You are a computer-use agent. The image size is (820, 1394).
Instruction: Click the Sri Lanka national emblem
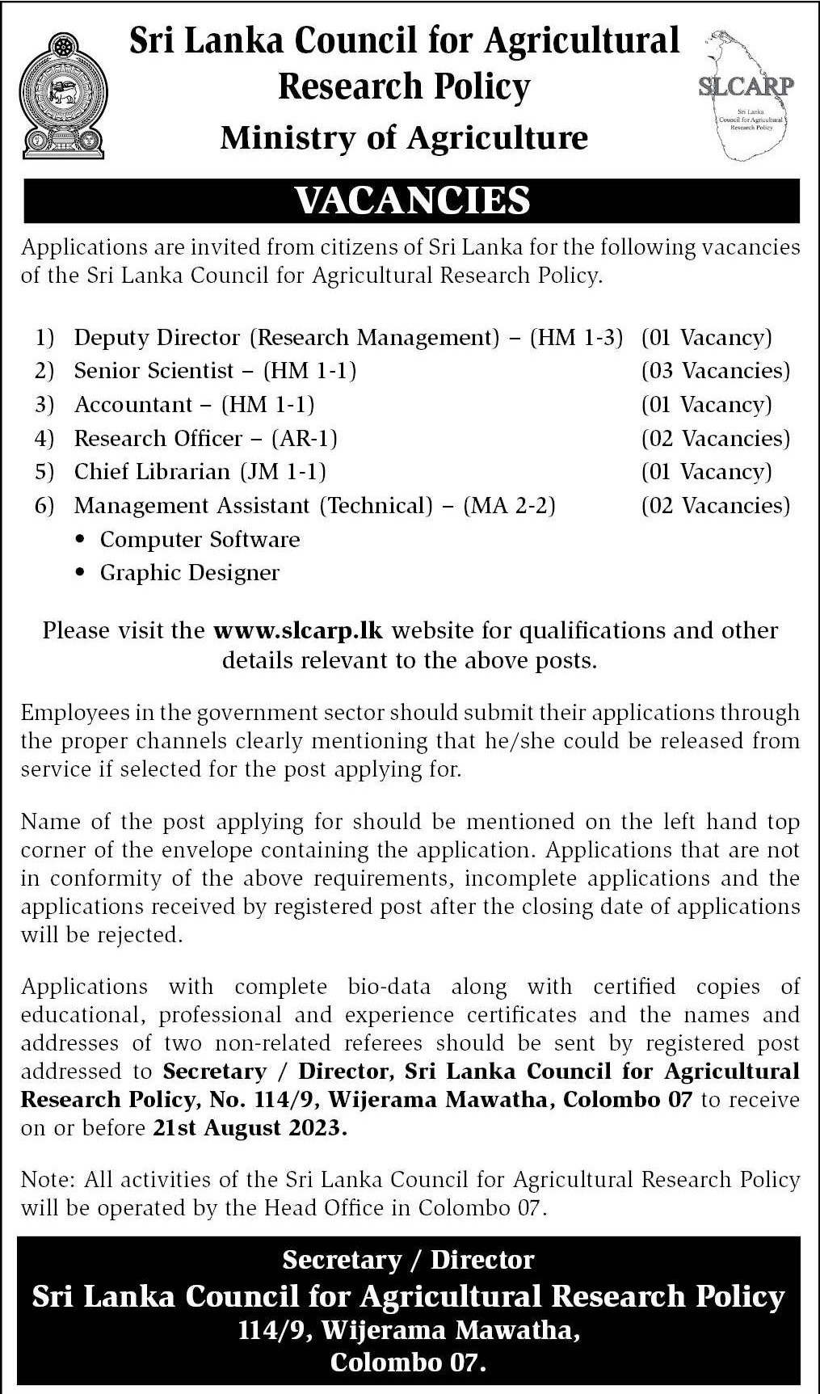coord(62,95)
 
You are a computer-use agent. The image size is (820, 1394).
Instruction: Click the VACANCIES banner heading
coord(412,200)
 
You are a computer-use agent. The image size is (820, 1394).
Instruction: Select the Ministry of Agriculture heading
coord(404,138)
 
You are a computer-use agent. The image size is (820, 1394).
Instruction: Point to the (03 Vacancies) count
coord(715,371)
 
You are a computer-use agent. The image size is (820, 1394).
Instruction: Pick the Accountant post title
coord(133,404)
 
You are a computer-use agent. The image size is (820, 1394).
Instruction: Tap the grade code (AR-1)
coord(305,438)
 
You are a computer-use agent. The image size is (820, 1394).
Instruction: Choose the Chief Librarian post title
coord(152,472)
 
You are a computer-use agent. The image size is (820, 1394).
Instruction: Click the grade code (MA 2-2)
coord(510,506)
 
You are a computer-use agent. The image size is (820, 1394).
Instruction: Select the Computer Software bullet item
coord(200,540)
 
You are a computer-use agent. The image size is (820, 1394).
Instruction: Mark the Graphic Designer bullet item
coord(189,573)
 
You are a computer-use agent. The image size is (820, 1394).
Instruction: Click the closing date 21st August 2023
coord(250,1128)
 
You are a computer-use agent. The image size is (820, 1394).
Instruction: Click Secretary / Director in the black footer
coord(408,1260)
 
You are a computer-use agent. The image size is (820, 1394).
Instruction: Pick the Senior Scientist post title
coord(153,371)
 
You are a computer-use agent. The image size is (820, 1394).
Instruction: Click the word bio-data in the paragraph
coord(389,987)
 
